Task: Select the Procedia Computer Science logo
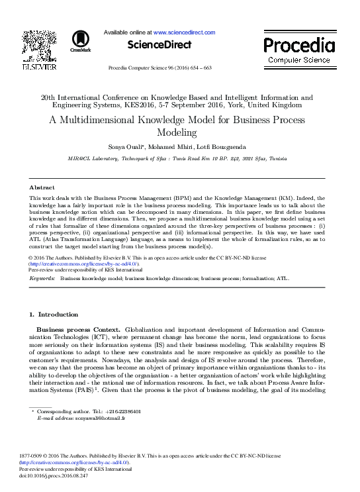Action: (298, 50)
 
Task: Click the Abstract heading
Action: (42, 188)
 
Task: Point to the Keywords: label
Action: (43, 279)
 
